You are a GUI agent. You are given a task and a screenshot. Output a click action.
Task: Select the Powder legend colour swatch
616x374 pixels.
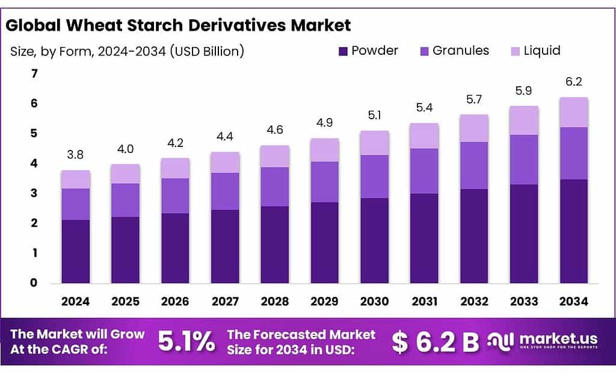(x=343, y=51)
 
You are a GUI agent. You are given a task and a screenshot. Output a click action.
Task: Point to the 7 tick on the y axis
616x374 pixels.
(x=34, y=74)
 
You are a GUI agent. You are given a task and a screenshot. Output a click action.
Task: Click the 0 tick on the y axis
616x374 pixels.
(x=34, y=283)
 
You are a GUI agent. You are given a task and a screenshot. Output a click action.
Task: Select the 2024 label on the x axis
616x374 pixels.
(x=75, y=301)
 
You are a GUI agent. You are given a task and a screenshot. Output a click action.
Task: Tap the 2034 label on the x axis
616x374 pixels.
(x=573, y=301)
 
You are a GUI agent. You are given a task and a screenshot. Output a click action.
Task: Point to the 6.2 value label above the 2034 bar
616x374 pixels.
(x=573, y=83)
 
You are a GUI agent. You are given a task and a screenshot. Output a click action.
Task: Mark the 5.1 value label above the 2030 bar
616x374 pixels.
(x=374, y=116)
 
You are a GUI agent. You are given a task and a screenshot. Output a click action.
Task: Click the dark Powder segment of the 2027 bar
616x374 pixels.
(x=225, y=246)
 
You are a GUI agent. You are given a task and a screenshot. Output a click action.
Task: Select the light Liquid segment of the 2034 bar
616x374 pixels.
(x=573, y=112)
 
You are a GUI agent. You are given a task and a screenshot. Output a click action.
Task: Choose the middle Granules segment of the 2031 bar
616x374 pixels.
(x=424, y=171)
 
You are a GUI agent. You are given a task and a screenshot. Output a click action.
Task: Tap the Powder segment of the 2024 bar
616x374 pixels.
(x=75, y=251)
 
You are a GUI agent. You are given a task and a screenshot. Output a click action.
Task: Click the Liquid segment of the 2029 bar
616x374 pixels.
(x=324, y=150)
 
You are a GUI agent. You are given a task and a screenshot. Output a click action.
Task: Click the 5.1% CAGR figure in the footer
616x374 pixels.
(x=186, y=342)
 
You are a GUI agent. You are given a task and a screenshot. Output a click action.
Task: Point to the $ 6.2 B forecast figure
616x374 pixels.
(x=435, y=342)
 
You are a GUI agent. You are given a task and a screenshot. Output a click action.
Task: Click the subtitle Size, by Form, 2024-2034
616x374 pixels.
(x=127, y=51)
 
